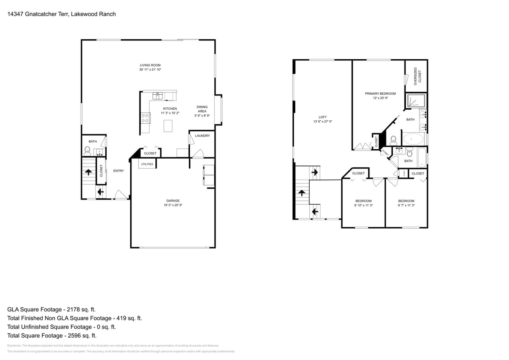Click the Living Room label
pos(150,65)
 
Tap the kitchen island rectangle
pos(169,126)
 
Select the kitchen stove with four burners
pos(145,118)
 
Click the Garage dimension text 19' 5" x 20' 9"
pos(173,205)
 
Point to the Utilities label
pos(147,164)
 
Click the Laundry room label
pos(202,136)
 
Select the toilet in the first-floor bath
pos(87,150)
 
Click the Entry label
pos(119,171)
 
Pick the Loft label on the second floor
pos(323,117)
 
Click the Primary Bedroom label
pos(380,93)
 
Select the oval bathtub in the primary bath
pos(413,139)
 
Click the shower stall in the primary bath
pos(413,101)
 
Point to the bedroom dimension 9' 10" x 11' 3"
pos(364,205)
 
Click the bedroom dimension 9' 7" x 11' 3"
pos(406,205)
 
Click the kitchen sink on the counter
pos(158,96)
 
